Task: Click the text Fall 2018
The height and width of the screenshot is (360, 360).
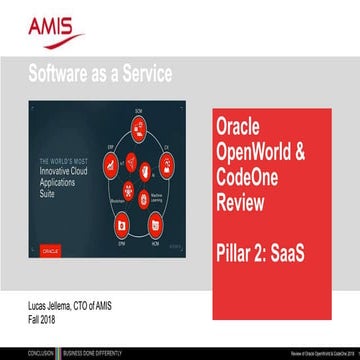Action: tap(41, 317)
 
